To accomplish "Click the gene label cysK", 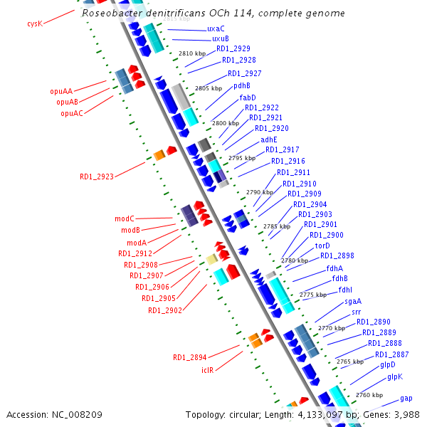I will pos(35,23).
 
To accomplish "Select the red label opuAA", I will pos(61,91).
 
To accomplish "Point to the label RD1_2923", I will pos(97,176).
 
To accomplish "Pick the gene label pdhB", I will pos(242,85).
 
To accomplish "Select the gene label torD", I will pos(322,246).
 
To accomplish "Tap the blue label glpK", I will pos(394,376).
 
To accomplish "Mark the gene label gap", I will pos(406,398).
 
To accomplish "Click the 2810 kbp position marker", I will pos(192,53).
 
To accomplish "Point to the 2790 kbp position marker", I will pos(260,192).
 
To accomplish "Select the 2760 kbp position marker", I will pos(369,395).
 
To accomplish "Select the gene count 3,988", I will pos(406,414).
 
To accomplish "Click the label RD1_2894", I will pos(190,357).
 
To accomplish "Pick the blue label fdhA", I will pos(334,268).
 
